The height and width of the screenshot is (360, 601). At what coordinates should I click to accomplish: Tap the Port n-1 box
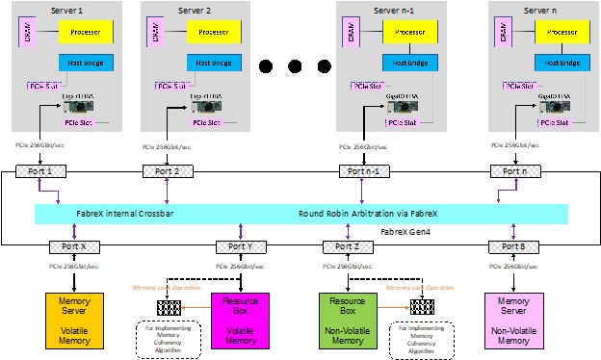tap(362, 171)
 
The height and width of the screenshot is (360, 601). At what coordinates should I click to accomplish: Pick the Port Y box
tap(234, 246)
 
